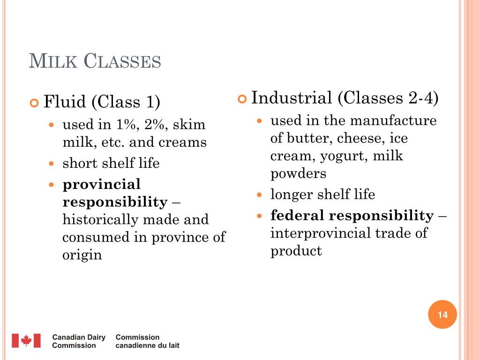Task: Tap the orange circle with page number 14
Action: pyautogui.click(x=442, y=315)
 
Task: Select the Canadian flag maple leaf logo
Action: pyautogui.click(x=26, y=341)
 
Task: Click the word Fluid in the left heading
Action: pyautogui.click(x=65, y=102)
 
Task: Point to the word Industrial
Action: pyautogui.click(x=292, y=98)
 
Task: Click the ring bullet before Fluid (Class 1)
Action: pyautogui.click(x=34, y=103)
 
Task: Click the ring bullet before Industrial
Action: pyautogui.click(x=242, y=99)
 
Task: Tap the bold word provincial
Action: pyautogui.click(x=102, y=184)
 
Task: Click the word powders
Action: pyautogui.click(x=298, y=173)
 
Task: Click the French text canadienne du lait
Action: pyautogui.click(x=147, y=345)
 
